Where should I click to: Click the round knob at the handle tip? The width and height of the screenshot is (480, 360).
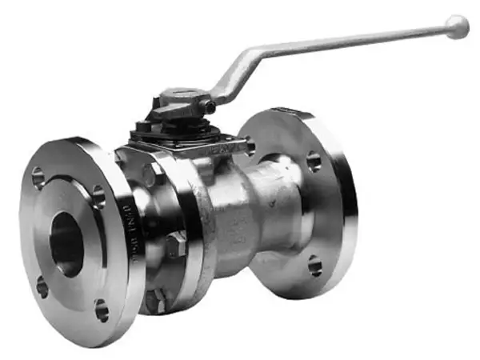click(x=457, y=26)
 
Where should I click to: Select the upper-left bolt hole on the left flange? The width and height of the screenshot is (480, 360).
click(x=38, y=178)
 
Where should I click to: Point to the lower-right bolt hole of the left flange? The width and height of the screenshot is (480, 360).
click(x=102, y=310)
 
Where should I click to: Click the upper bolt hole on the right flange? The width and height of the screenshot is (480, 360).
click(x=314, y=162)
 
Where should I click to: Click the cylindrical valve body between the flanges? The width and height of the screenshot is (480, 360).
click(x=240, y=216)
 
